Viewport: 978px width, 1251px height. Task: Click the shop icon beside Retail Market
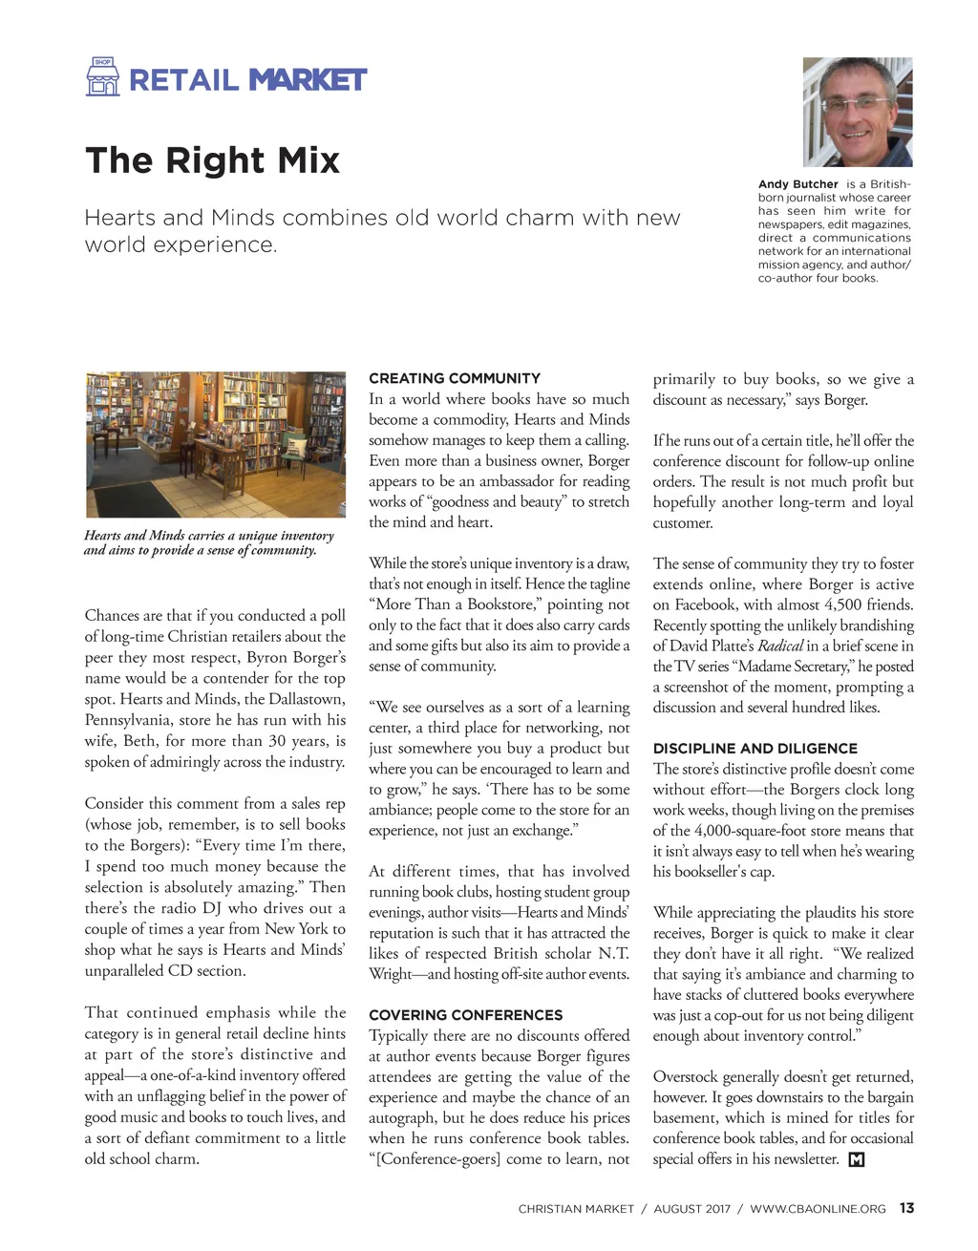pyautogui.click(x=103, y=77)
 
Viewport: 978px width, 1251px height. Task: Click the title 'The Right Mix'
pyautogui.click(x=212, y=160)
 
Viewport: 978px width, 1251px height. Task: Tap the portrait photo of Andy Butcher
pyautogui.click(x=858, y=112)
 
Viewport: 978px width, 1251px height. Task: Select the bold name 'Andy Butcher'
pyautogui.click(x=797, y=184)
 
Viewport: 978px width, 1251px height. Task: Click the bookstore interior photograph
pyautogui.click(x=216, y=444)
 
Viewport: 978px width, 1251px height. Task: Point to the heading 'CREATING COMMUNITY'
pyautogui.click(x=455, y=378)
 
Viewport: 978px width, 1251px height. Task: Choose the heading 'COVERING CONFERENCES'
pyautogui.click(x=465, y=1015)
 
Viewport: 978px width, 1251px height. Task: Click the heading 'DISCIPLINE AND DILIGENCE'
pyautogui.click(x=755, y=749)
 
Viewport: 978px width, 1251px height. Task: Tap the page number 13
pyautogui.click(x=906, y=1208)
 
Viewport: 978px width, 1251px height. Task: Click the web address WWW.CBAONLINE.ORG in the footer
pyautogui.click(x=818, y=1209)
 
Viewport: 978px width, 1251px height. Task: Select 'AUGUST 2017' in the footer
pyautogui.click(x=691, y=1209)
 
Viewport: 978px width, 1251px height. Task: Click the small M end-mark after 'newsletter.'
pyautogui.click(x=856, y=1160)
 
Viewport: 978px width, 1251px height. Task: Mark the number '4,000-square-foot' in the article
pyautogui.click(x=755, y=831)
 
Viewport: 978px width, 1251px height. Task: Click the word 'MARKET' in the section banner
pyautogui.click(x=308, y=80)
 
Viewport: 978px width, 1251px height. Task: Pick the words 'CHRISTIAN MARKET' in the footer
pyautogui.click(x=576, y=1209)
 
